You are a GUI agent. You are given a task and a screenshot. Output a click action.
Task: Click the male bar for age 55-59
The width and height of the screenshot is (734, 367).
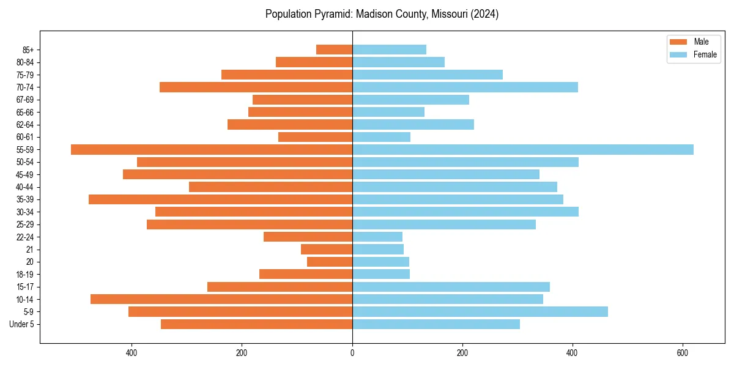212,150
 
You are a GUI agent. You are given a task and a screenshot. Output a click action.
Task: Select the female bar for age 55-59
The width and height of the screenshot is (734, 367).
523,150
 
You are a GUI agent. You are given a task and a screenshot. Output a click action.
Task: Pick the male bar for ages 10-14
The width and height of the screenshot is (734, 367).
221,299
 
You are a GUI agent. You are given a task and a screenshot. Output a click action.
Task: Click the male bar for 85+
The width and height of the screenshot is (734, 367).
334,50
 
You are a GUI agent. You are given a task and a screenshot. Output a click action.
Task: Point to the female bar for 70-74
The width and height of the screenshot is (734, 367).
465,87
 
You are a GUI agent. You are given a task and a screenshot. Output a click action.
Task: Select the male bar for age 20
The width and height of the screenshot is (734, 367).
330,262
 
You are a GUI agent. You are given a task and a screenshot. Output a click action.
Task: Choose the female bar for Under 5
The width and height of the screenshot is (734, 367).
436,324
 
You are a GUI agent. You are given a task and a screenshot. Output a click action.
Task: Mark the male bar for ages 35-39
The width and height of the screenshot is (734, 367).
220,199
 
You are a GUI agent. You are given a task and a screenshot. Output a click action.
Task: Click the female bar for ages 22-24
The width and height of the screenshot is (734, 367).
377,237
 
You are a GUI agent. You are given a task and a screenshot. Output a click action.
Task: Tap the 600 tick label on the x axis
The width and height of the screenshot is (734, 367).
683,352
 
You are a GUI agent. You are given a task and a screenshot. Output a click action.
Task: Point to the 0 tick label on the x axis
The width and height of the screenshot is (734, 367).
352,352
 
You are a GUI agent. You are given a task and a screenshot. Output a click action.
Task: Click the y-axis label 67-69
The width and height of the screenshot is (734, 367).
25,100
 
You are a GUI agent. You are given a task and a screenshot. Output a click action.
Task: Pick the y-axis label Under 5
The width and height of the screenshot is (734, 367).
22,324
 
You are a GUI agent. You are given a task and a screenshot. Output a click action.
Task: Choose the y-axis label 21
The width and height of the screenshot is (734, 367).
30,250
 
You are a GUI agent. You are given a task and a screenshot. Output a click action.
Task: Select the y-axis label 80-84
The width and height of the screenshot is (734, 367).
25,62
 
